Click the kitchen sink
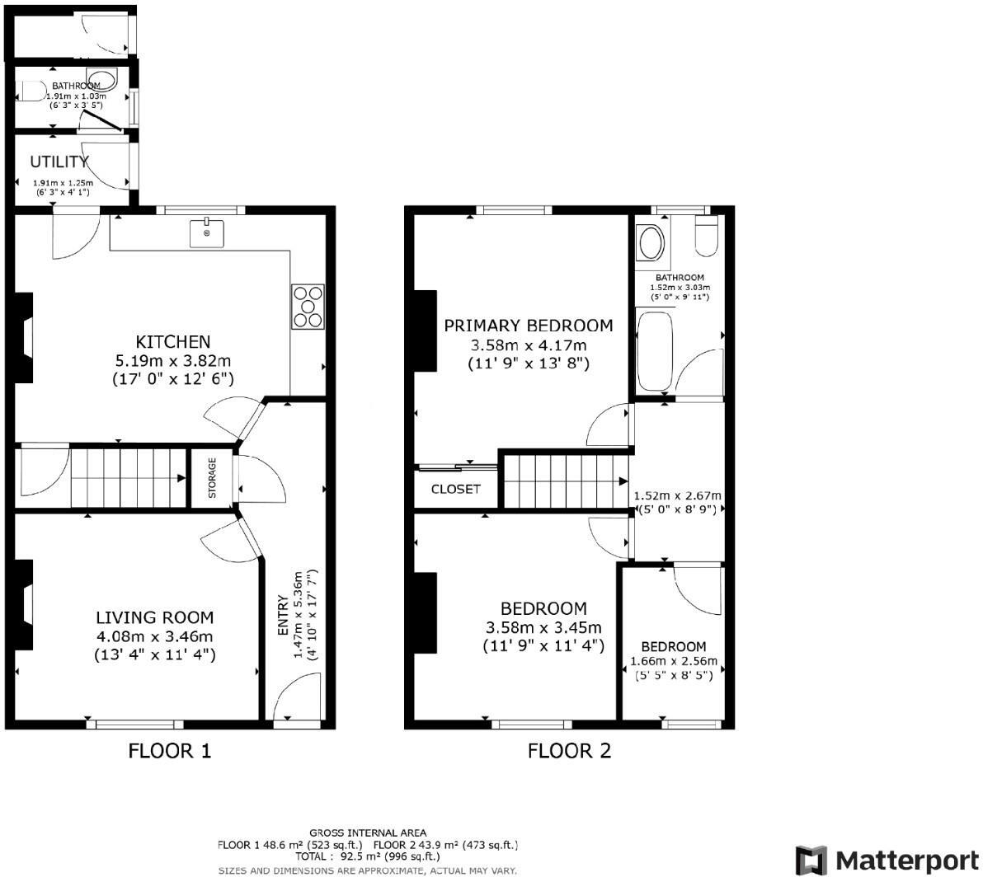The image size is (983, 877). click(207, 233)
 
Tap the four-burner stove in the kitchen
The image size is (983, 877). click(308, 307)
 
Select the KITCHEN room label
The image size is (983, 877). click(173, 341)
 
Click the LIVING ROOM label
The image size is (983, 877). click(155, 617)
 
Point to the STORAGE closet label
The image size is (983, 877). click(212, 478)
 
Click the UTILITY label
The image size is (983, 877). click(59, 162)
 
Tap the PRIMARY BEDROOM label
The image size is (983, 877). click(529, 326)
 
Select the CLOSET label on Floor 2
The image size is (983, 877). click(455, 489)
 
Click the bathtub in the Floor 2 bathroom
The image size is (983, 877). click(655, 352)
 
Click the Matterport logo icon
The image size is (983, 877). click(811, 860)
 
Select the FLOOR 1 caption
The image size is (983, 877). click(170, 751)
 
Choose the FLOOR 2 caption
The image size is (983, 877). click(569, 751)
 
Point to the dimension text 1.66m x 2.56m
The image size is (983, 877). click(674, 661)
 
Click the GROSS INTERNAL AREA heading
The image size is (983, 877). click(368, 833)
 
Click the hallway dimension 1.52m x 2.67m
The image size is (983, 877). click(677, 496)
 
